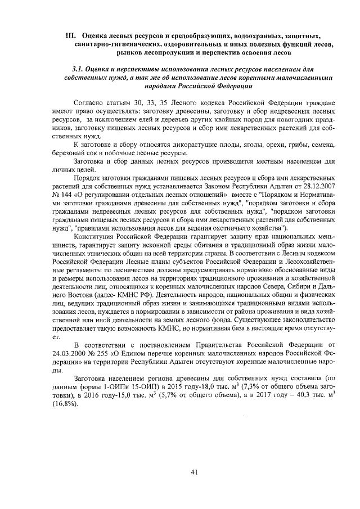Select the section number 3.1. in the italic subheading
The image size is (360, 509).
click(x=79, y=69)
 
